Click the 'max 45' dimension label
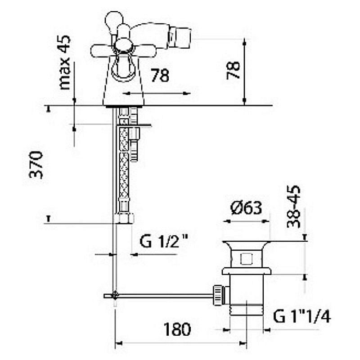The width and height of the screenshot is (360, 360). [x=65, y=63]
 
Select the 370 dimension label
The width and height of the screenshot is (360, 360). [x=36, y=165]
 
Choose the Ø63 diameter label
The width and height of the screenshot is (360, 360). [x=246, y=208]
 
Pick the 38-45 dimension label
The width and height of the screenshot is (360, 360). [x=294, y=207]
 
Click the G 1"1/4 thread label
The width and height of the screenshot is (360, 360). [x=302, y=316]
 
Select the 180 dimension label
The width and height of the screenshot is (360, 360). [x=177, y=329]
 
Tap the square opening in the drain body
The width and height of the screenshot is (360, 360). [x=247, y=258]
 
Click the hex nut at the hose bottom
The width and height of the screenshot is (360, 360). [x=124, y=218]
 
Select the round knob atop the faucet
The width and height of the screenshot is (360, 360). [x=114, y=20]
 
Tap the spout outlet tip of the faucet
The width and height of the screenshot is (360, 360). [x=180, y=38]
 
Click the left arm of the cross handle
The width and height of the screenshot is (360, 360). [x=102, y=51]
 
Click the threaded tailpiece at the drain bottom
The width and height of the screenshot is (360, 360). [x=247, y=310]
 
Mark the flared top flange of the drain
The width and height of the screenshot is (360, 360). [x=247, y=246]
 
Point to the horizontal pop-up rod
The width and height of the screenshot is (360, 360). [x=164, y=296]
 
